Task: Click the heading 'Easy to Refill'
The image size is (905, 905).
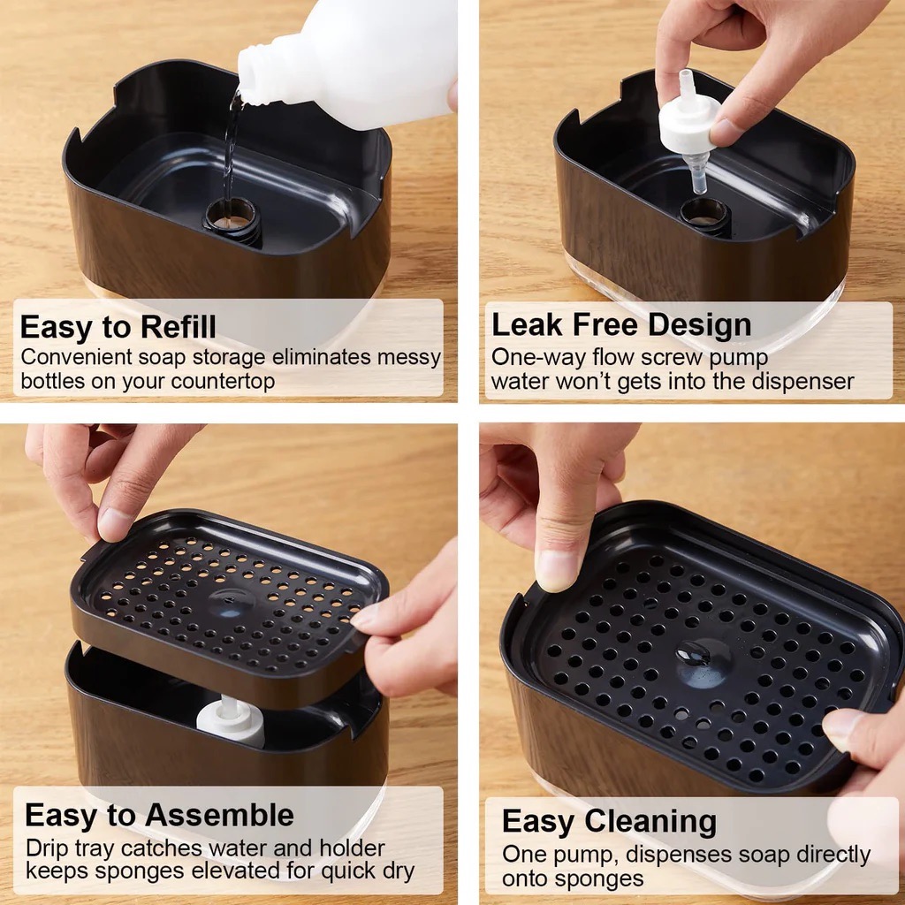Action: click(118, 327)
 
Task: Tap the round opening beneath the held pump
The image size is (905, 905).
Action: click(704, 214)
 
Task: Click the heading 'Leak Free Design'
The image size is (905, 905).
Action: click(621, 324)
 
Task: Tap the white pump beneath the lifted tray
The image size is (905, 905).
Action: click(230, 721)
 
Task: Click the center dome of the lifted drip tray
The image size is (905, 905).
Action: click(231, 603)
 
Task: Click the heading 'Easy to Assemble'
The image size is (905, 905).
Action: click(159, 816)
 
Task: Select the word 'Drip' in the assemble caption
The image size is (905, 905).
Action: click(47, 849)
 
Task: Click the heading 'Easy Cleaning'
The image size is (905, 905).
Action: click(609, 821)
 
